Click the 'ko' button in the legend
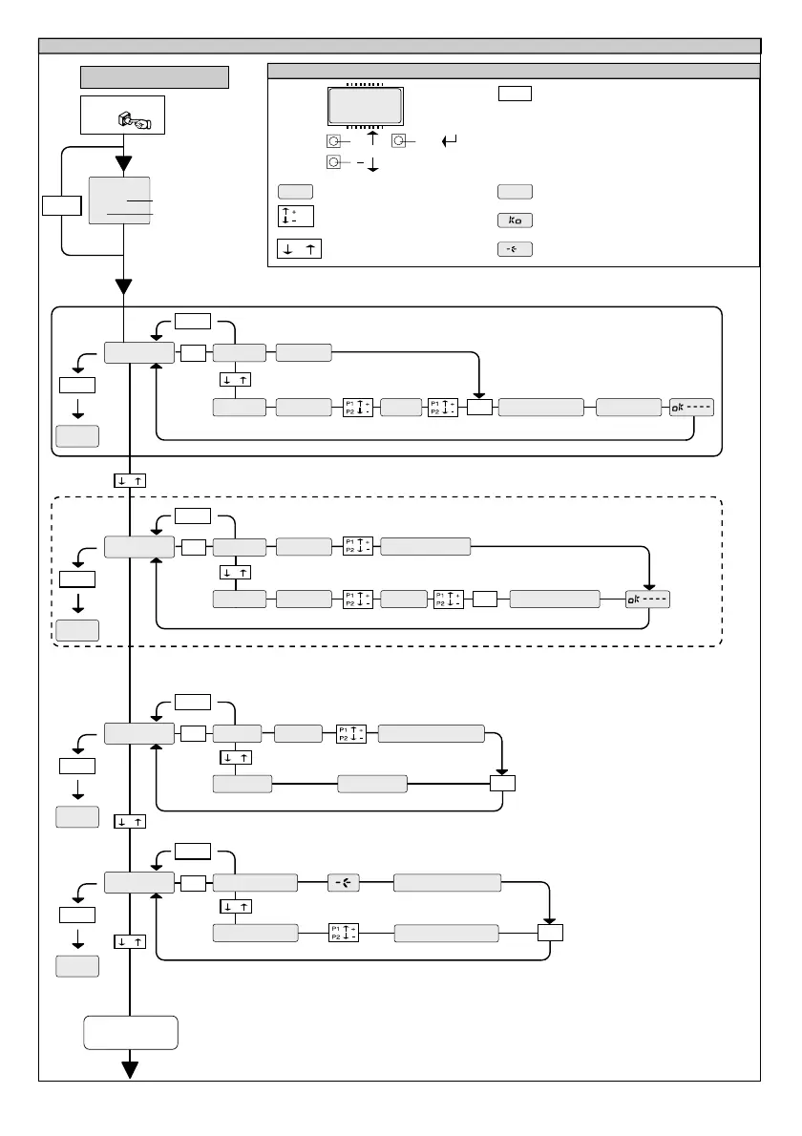(x=515, y=220)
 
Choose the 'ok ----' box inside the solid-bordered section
(x=691, y=407)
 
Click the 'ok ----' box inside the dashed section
(x=648, y=600)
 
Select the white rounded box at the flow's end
(x=130, y=1033)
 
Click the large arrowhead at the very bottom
(x=129, y=1069)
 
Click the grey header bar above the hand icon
(x=155, y=76)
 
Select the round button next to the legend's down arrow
(x=331, y=163)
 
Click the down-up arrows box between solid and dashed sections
(x=129, y=480)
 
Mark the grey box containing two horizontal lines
(x=119, y=200)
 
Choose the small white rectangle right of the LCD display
(x=514, y=93)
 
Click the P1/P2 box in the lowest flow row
(x=344, y=933)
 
